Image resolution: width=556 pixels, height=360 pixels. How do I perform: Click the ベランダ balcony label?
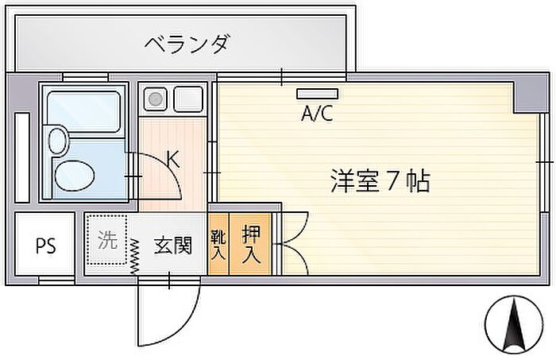pyautogui.click(x=187, y=44)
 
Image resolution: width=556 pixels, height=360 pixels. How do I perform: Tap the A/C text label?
pyautogui.click(x=317, y=114)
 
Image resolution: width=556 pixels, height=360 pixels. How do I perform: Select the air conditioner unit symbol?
pyautogui.click(x=318, y=94)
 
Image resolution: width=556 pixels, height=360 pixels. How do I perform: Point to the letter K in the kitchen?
pyautogui.click(x=173, y=159)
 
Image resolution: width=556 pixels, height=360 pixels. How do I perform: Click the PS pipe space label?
pyautogui.click(x=46, y=246)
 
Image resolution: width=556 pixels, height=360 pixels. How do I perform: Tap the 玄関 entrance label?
pyautogui.click(x=173, y=246)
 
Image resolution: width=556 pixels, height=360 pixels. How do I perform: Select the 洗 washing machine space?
pyautogui.click(x=107, y=240)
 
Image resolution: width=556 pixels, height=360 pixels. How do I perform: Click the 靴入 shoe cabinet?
pyautogui.click(x=218, y=244)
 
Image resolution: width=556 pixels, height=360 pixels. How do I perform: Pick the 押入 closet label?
pyautogui.click(x=251, y=244)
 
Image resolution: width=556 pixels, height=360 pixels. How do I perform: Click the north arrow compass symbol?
pyautogui.click(x=514, y=323)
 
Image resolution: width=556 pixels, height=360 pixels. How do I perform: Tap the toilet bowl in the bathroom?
pyautogui.click(x=75, y=176)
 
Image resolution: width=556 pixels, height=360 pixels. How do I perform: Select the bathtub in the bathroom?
pyautogui.click(x=83, y=112)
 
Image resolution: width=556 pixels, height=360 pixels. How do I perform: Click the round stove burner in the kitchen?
pyautogui.click(x=156, y=99)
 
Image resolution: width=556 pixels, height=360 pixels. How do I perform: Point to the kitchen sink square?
pyautogui.click(x=188, y=99)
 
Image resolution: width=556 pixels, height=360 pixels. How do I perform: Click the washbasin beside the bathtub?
pyautogui.click(x=57, y=141)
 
